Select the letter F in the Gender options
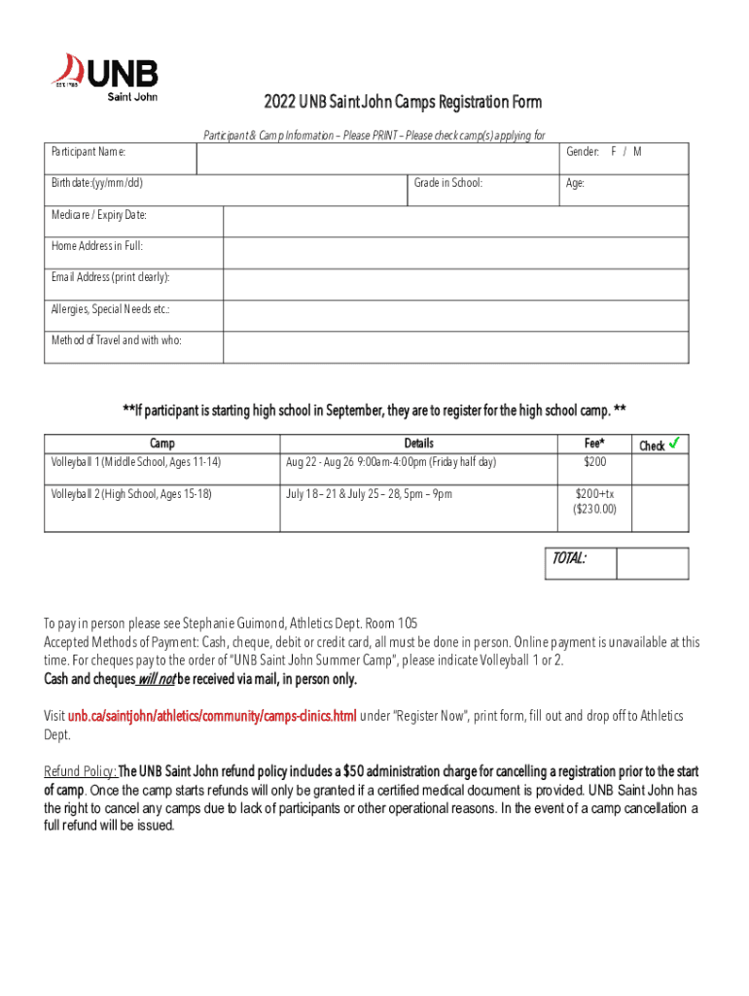click(x=614, y=152)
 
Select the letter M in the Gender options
click(x=637, y=152)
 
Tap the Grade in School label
click(x=447, y=183)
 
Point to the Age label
click(x=576, y=183)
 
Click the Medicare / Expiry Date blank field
click(x=455, y=221)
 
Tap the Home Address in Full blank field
click(x=455, y=253)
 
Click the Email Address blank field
click(x=455, y=284)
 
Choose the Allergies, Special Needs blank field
click(x=455, y=316)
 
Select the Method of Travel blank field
click(x=455, y=347)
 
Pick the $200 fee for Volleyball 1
click(x=594, y=462)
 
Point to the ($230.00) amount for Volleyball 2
click(x=594, y=509)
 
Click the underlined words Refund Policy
click(x=81, y=772)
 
